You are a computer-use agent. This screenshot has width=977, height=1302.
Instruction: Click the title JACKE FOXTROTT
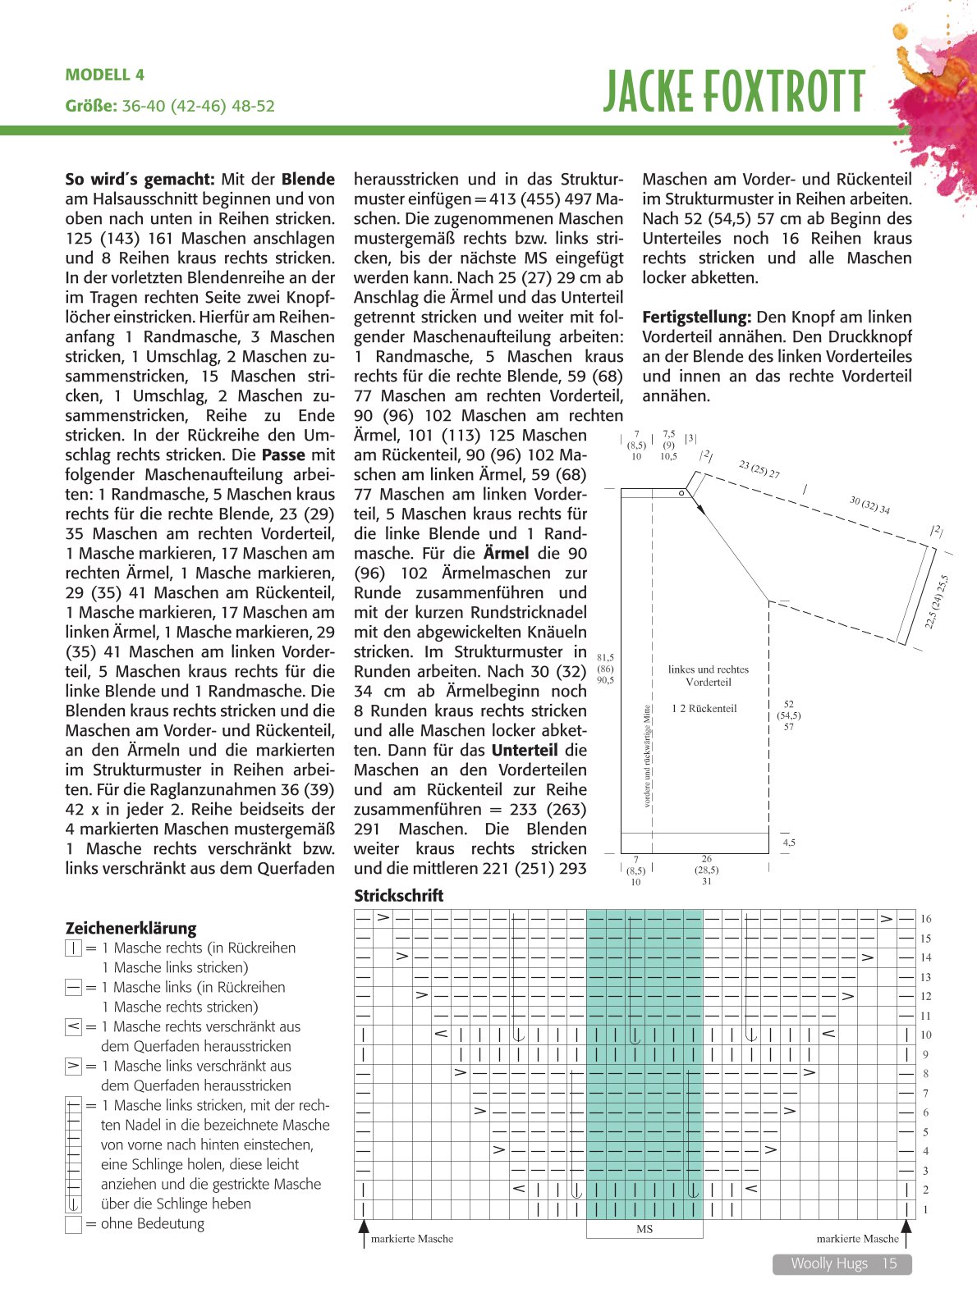coord(734,91)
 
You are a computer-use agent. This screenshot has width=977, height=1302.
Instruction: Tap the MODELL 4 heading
coord(104,75)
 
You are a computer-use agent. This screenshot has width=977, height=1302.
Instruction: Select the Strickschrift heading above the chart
coord(398,895)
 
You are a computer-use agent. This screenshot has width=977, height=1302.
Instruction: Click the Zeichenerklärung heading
coord(131,928)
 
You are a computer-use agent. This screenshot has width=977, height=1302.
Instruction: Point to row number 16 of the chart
coord(926,919)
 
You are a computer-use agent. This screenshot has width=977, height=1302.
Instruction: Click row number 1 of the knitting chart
coord(926,1209)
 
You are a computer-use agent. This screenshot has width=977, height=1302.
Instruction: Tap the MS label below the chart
coord(644,1229)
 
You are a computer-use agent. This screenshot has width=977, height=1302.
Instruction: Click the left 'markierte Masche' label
coord(412,1239)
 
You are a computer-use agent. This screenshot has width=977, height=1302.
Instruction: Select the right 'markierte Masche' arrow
coord(906,1232)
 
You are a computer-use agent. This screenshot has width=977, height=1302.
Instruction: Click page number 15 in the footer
coord(890,1263)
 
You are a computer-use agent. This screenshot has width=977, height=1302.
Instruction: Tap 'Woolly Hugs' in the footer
coord(828,1263)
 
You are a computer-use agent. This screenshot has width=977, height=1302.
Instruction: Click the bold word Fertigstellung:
coord(696,317)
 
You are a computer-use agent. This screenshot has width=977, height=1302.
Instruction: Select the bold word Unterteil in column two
coord(525,750)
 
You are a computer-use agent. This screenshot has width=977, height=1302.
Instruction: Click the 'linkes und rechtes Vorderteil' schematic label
coord(709,675)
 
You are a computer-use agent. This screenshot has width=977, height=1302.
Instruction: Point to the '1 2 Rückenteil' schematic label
coord(704,708)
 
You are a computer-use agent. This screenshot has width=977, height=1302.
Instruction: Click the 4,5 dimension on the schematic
coord(788,843)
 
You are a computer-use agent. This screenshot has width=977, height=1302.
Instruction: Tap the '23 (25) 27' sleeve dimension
coord(759,468)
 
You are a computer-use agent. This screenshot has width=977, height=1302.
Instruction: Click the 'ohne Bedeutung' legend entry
coord(153,1223)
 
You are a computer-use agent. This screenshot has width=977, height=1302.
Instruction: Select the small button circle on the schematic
coord(681,494)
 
